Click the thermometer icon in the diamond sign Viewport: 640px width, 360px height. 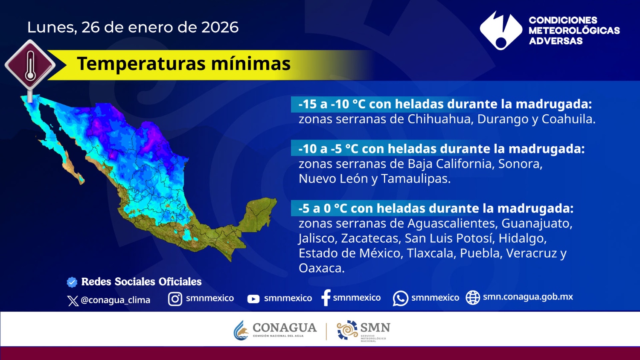click(30, 66)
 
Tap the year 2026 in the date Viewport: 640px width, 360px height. click(220, 27)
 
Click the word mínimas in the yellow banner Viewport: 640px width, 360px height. click(250, 63)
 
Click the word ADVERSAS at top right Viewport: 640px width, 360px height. click(556, 41)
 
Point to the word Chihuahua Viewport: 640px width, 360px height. click(439, 119)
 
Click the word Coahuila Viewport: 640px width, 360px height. click(568, 119)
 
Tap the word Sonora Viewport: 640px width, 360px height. click(520, 164)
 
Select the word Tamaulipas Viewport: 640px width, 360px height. click(416, 179)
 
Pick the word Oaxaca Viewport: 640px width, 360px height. click(321, 268)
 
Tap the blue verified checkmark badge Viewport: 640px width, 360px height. click(72, 282)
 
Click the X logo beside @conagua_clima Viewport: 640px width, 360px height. click(73, 301)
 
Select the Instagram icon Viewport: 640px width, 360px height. click(175, 299)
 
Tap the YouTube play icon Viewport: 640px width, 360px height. click(253, 299)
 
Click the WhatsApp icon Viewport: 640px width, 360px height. click(400, 299)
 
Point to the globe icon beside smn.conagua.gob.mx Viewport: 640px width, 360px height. click(473, 298)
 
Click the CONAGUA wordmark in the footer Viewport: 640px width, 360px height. click(285, 328)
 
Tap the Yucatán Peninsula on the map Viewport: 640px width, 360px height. click(259, 213)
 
